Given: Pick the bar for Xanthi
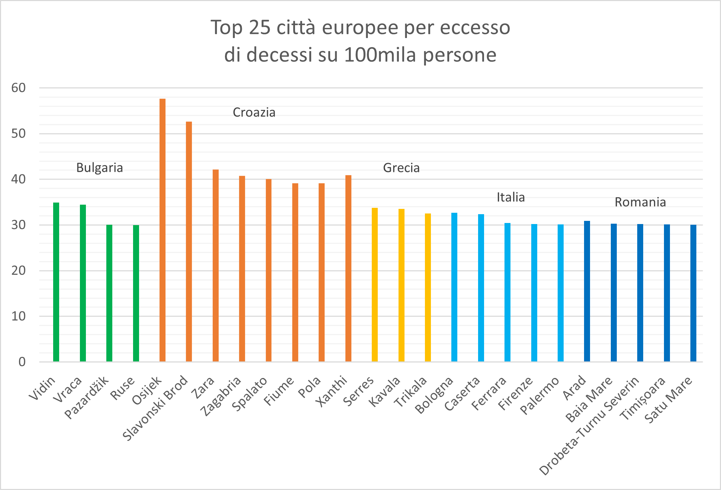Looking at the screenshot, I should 348,268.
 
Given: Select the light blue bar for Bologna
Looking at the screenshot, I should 454,287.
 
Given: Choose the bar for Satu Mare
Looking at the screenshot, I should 693,293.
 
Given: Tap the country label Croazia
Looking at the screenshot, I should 254,113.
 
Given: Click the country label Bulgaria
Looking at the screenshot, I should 100,168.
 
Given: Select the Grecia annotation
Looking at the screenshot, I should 401,168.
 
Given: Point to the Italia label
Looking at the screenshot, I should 511,197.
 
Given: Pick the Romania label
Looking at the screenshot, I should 640,202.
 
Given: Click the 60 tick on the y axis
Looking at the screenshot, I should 19,88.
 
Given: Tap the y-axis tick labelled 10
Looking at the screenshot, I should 19,316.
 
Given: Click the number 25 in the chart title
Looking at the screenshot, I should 260,28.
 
